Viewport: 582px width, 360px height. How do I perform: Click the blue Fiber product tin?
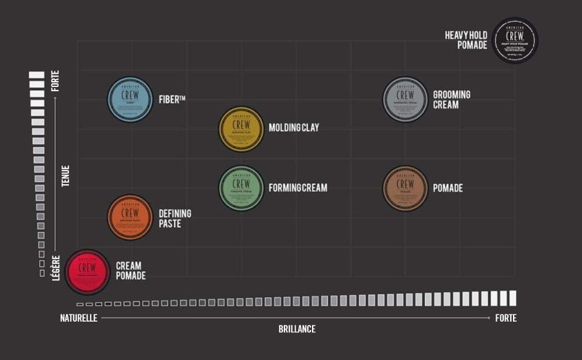(x=130, y=100)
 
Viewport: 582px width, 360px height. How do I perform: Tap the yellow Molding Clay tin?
(x=241, y=128)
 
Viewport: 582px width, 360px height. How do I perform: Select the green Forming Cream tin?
(x=241, y=188)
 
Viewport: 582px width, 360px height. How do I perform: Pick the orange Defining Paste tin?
(x=130, y=217)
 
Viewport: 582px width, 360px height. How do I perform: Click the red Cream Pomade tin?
(x=88, y=272)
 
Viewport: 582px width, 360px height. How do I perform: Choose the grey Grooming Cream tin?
(x=406, y=99)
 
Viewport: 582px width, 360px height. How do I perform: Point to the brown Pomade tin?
(x=405, y=188)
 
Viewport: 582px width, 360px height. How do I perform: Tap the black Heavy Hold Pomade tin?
(x=514, y=40)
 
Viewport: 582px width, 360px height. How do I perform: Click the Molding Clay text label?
(x=294, y=128)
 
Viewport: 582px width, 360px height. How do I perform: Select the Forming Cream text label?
(x=298, y=188)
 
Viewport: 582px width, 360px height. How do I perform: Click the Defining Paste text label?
(x=175, y=218)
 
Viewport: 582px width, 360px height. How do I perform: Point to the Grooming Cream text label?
(x=451, y=100)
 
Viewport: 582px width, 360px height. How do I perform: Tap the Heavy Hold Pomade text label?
(x=466, y=40)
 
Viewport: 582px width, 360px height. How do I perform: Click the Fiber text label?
(x=172, y=100)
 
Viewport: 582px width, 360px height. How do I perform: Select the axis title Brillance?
(x=296, y=329)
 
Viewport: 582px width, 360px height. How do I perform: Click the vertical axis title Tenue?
(x=65, y=175)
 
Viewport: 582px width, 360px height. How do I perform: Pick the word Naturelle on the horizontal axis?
(x=79, y=318)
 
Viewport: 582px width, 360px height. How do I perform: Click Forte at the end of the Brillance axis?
(x=505, y=318)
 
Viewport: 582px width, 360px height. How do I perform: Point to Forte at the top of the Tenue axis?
(x=56, y=81)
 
